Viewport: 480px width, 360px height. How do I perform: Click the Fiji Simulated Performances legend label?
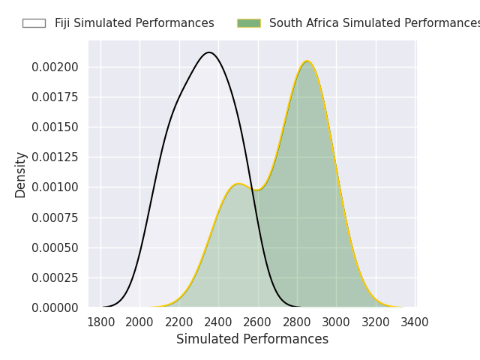click(x=134, y=23)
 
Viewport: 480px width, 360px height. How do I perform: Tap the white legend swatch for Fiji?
click(x=34, y=23)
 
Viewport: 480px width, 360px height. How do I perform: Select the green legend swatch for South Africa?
click(x=249, y=23)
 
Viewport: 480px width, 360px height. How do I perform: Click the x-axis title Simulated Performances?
click(x=252, y=340)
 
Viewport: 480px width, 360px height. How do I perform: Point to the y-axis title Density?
click(x=21, y=175)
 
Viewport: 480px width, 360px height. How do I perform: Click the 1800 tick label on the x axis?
click(x=100, y=322)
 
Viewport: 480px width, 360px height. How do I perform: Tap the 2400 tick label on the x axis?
click(x=219, y=322)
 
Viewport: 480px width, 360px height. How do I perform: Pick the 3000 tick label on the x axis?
click(x=337, y=322)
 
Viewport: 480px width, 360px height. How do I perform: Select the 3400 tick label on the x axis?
click(x=415, y=322)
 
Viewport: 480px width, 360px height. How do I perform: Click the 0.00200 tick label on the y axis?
click(x=55, y=67)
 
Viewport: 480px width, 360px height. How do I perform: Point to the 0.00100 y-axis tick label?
click(x=55, y=187)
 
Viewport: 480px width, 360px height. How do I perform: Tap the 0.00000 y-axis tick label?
click(x=55, y=307)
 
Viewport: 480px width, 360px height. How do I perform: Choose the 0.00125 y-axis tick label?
click(x=55, y=157)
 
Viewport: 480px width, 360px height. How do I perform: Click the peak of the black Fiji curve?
click(x=209, y=52)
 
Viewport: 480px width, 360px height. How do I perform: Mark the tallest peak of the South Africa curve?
click(x=307, y=61)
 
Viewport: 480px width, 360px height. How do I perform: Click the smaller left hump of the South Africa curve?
click(x=238, y=184)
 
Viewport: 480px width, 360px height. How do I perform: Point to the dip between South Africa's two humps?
click(x=256, y=190)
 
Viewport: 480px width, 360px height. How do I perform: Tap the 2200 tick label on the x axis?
click(x=179, y=322)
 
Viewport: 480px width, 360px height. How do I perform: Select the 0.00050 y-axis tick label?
click(x=55, y=247)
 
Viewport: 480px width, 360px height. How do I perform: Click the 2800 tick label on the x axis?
click(x=298, y=322)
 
